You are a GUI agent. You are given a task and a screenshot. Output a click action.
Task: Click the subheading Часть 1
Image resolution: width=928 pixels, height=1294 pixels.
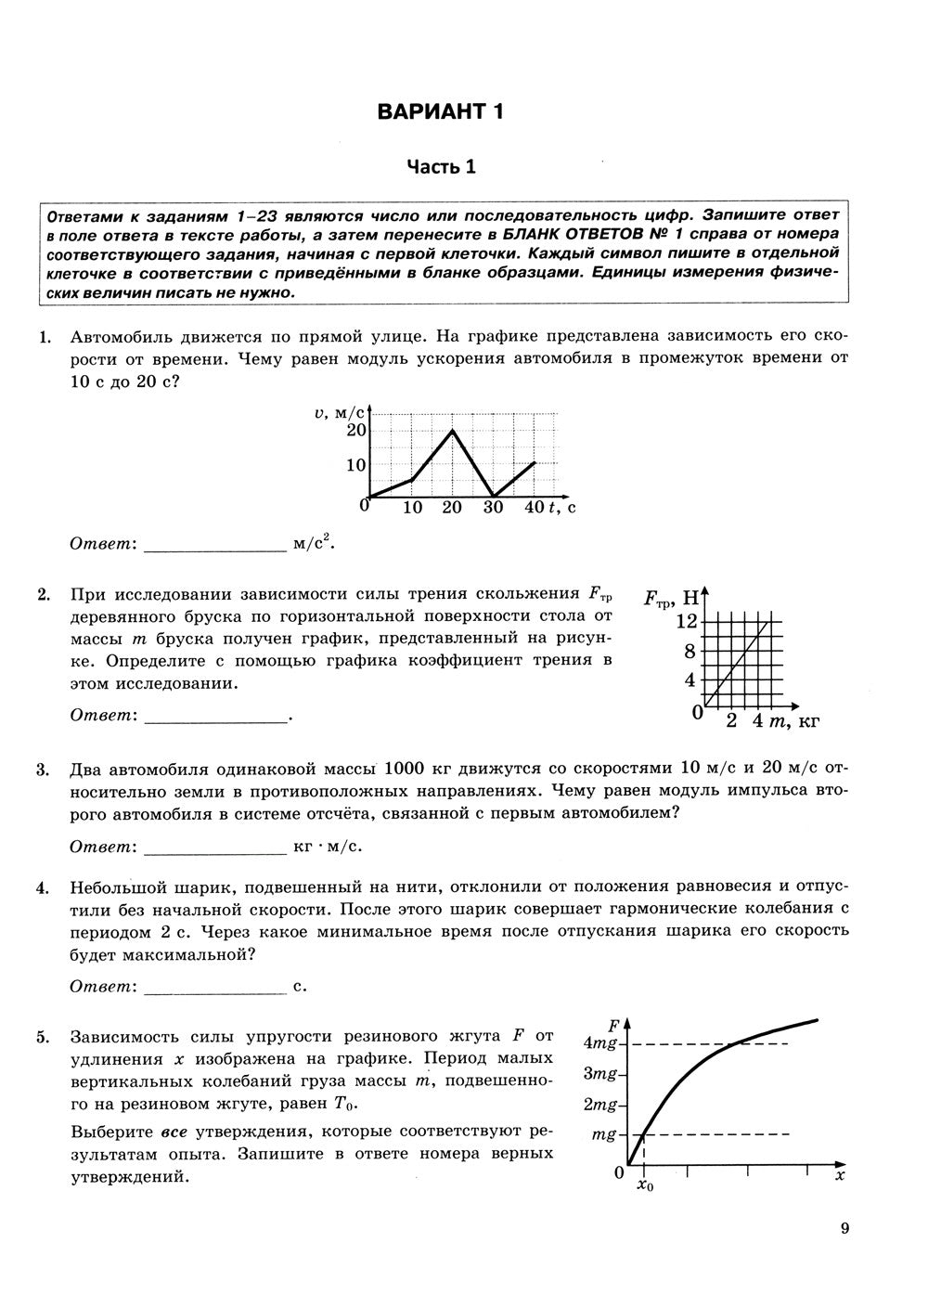point(441,167)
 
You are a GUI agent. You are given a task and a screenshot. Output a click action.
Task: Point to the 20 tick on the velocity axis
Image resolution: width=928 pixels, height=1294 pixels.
point(356,430)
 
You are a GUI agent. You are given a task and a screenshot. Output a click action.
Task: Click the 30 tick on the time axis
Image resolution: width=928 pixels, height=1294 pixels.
point(493,507)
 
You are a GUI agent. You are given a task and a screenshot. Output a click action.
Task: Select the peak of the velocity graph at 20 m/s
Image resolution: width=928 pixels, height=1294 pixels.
point(452,430)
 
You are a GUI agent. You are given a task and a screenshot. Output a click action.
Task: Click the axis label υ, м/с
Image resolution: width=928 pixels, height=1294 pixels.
point(340,410)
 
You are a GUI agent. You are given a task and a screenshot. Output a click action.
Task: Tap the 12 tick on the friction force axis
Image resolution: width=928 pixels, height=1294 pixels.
point(686,620)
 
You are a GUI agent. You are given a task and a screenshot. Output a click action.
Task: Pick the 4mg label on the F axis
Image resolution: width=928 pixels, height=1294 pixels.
point(600,1042)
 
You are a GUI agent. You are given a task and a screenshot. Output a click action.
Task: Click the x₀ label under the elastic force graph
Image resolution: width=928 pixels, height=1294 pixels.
point(645,1187)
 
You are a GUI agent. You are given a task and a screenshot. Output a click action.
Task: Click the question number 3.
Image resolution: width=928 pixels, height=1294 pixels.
point(43,769)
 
